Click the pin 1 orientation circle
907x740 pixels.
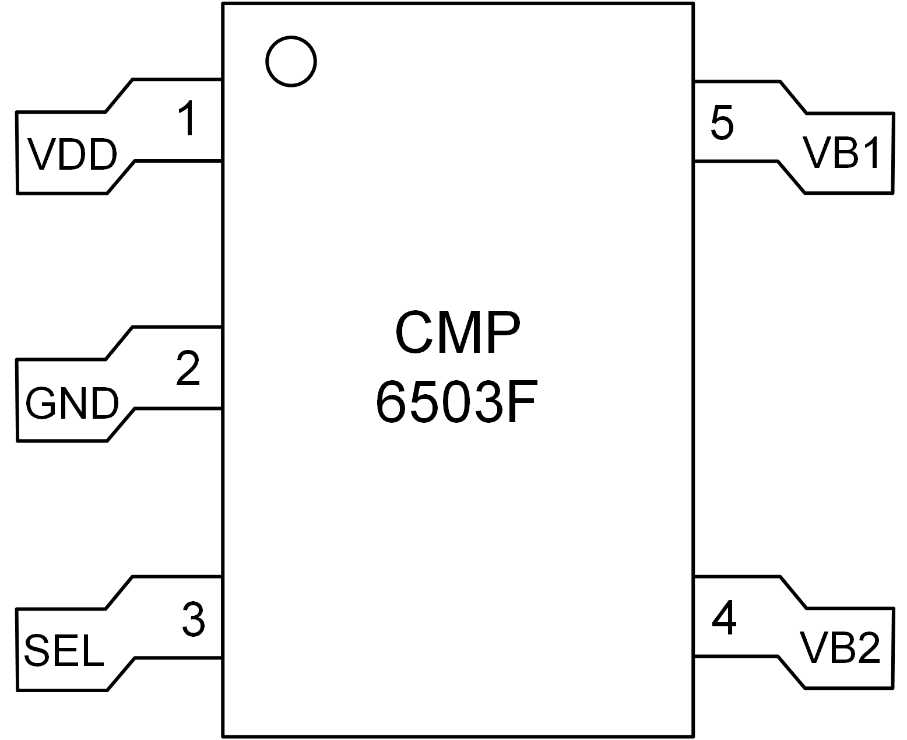[x=291, y=61]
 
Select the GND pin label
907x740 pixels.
[x=72, y=404]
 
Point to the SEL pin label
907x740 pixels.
[x=64, y=651]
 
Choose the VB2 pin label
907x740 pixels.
[x=839, y=648]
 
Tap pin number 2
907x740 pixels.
[x=188, y=368]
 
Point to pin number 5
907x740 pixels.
[x=722, y=122]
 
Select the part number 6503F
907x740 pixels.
[x=455, y=402]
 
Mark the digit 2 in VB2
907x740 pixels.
[x=867, y=648]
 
